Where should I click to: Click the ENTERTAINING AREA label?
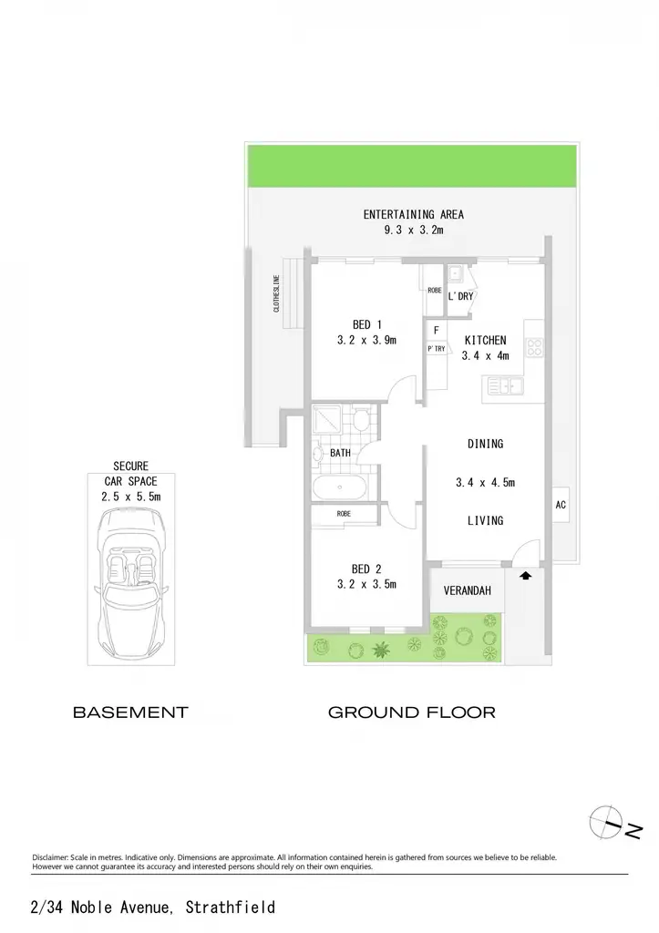point(413,214)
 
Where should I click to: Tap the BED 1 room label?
point(366,325)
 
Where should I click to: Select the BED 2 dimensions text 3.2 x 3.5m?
point(366,584)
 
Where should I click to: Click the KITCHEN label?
point(485,341)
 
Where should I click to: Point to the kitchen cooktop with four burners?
point(534,347)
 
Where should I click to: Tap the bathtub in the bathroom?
point(340,487)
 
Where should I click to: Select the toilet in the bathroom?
point(360,419)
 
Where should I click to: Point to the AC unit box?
point(561,505)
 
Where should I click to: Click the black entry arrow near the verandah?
point(525,576)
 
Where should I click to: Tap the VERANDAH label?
point(468,590)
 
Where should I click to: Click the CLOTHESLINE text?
point(276,293)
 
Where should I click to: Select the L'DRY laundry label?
point(461,296)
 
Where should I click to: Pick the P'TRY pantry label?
point(437,349)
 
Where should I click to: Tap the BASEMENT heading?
point(130,713)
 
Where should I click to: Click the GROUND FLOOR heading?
point(412,713)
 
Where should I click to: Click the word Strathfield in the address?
point(231,907)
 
